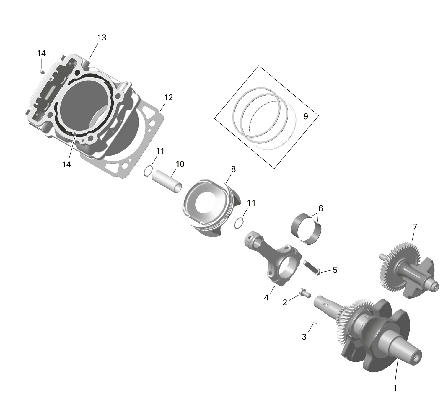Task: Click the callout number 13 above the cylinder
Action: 102,38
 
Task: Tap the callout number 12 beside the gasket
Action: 168,97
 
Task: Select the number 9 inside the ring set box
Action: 306,117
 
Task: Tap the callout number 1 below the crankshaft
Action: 395,388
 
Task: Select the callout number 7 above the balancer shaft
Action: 415,227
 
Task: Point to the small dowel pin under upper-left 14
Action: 42,71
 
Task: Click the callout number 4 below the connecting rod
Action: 266,298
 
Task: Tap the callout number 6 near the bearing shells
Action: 320,208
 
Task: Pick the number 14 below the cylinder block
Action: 67,164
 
